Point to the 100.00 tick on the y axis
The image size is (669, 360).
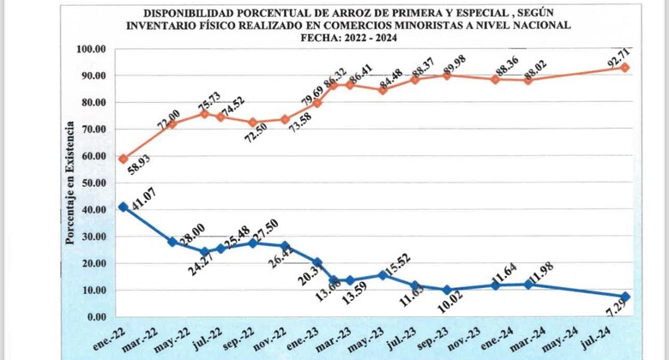click(x=90, y=49)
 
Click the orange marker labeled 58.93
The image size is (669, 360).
click(x=124, y=159)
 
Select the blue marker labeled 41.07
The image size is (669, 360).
click(x=124, y=207)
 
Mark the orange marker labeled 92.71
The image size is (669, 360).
click(x=625, y=68)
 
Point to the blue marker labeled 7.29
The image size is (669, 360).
click(x=625, y=297)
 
